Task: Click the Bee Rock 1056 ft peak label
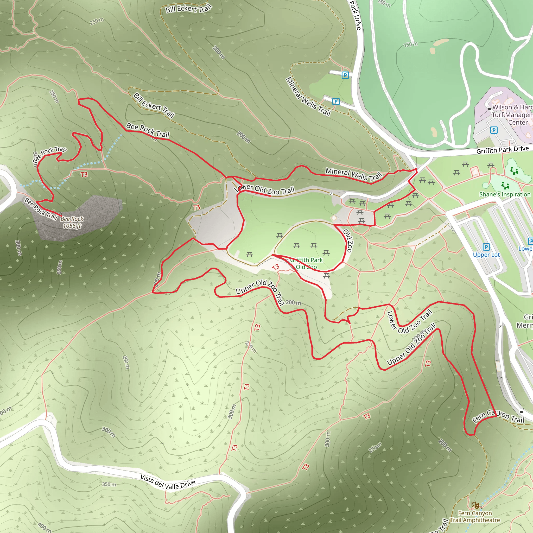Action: click(72, 222)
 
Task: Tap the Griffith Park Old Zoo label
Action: click(306, 263)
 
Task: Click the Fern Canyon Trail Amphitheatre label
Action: click(475, 516)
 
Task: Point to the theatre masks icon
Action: click(475, 505)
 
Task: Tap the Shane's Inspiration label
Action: click(505, 194)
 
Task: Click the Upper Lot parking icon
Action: click(486, 247)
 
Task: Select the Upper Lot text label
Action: click(486, 255)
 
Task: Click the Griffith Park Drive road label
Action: click(502, 150)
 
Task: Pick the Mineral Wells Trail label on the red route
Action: click(354, 174)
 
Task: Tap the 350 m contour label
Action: click(109, 484)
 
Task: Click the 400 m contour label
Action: click(44, 527)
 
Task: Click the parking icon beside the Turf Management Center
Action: click(494, 130)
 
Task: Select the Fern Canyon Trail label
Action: click(498, 417)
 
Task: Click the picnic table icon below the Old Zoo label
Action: click(327, 275)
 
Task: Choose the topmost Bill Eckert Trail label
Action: click(189, 9)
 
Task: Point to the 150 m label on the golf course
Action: click(410, 44)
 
